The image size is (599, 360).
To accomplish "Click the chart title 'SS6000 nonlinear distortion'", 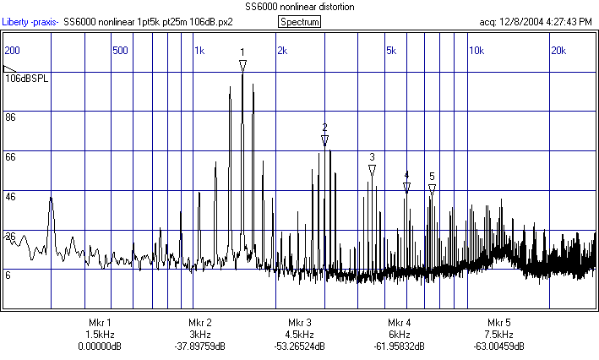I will coord(298,8).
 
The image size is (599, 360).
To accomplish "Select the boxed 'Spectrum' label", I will coord(299,22).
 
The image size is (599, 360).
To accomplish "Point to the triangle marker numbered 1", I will coord(242,65).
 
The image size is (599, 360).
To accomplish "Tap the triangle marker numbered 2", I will coord(324,140).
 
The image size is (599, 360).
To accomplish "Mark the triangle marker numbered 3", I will coord(372,171).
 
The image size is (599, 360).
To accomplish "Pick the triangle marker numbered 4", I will coord(406,188).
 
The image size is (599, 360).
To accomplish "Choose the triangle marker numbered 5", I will coord(432,189).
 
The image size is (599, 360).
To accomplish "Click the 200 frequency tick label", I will coord(13,51).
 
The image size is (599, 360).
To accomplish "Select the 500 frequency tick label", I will coord(120,51).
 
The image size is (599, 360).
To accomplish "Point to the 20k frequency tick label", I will coord(558,51).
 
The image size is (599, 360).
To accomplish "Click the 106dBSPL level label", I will coord(24,78).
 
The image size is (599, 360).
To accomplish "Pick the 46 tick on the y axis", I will coord(11,196).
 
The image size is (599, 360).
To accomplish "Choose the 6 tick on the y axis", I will coord(8,274).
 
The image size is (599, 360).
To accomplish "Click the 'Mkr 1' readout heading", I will coord(99,323).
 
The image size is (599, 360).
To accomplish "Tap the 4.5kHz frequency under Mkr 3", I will coord(298,335).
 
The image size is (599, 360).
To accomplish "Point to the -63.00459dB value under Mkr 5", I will coord(498,346).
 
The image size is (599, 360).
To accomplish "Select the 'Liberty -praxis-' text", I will coord(31,22).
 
